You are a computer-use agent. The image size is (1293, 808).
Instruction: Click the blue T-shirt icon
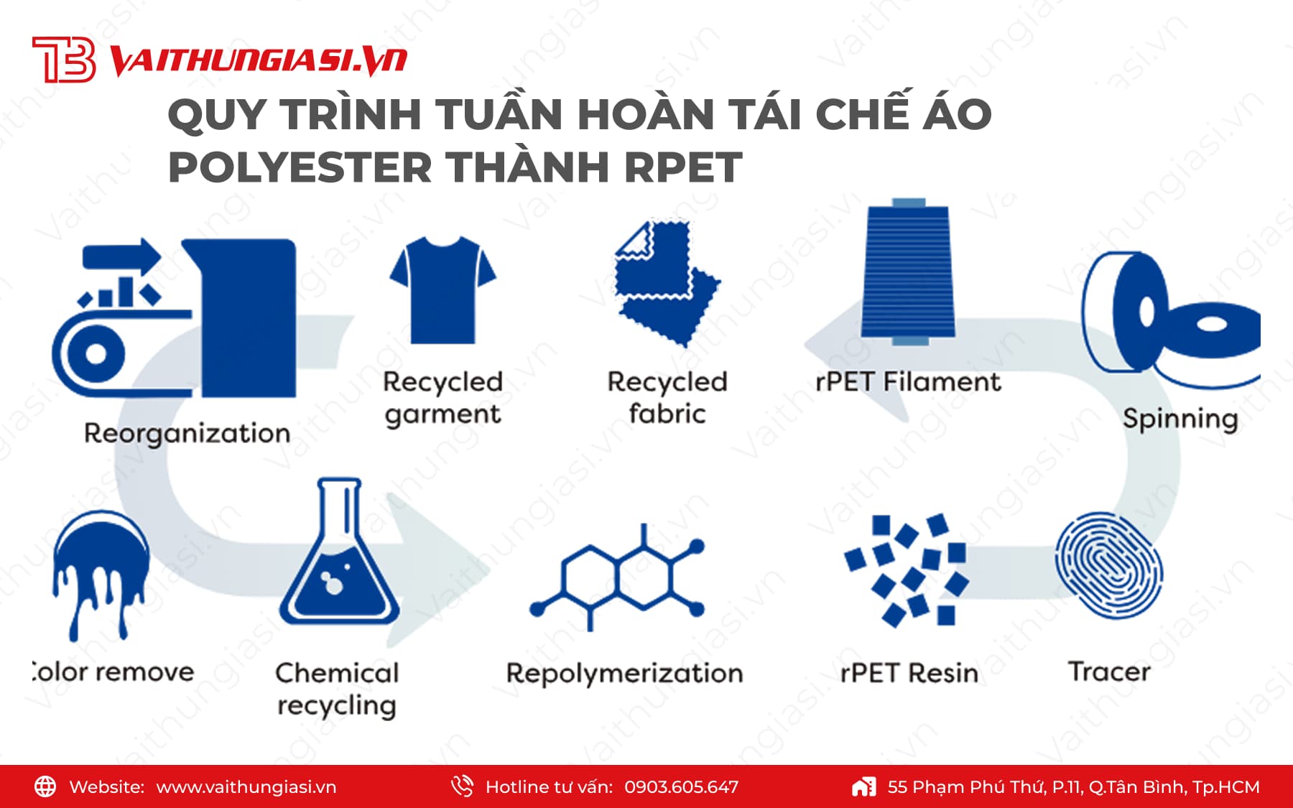tap(442, 290)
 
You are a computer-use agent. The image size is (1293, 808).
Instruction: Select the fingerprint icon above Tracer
tap(1108, 566)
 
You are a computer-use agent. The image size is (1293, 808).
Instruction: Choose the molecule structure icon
tap(617, 578)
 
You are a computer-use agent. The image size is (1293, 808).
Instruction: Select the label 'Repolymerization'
tap(624, 674)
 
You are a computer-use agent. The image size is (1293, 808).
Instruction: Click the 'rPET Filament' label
tap(908, 381)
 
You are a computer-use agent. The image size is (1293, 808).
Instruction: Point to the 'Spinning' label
tap(1180, 419)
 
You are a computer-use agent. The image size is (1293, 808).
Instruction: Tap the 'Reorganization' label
tap(187, 434)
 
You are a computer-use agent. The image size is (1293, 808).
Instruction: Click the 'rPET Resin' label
tap(909, 673)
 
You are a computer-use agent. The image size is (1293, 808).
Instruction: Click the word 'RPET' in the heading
tap(683, 167)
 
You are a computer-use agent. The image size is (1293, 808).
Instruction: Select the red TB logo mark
tap(64, 60)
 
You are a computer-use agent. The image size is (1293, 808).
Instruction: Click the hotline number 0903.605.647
tap(681, 787)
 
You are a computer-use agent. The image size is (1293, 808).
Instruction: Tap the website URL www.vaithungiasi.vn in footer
tap(246, 787)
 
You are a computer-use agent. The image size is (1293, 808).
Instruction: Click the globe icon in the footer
tap(45, 786)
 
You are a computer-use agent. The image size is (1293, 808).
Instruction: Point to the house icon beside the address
tap(864, 786)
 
